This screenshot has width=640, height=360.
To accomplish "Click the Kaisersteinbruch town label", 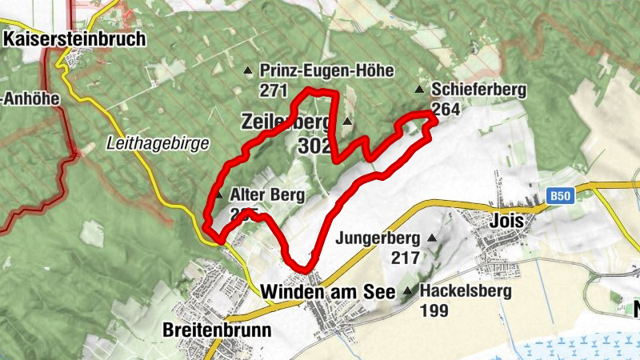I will pos(74,38).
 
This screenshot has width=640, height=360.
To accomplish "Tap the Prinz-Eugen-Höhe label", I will pos(327,71).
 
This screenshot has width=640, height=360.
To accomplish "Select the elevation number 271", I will pos(273,90).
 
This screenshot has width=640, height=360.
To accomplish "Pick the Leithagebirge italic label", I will pos(157,144).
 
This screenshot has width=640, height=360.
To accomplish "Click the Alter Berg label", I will pos(266,194).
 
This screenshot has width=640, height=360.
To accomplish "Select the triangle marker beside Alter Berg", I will pos(218,194).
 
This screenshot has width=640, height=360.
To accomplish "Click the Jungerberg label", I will pos(378,238).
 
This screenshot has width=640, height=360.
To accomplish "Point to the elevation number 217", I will pos(406,258).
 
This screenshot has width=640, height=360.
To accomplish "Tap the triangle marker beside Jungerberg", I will pos(432,238).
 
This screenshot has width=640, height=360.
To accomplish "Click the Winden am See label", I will pos(328,292).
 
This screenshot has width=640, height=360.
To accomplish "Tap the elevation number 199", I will pos(434,310).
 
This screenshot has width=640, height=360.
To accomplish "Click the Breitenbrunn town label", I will pos(217,330).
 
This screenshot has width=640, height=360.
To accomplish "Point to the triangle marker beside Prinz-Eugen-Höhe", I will pos(248,71).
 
